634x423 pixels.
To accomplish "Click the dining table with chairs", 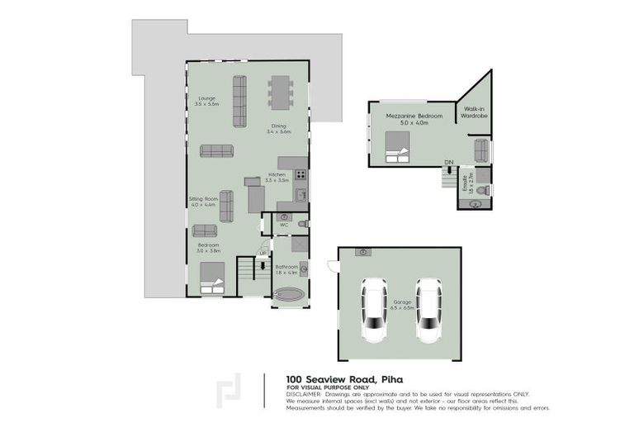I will (281, 93).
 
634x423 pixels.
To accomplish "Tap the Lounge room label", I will (206, 102).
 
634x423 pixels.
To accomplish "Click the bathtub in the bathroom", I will (289, 295).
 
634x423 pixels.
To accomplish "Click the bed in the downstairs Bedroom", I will (212, 278).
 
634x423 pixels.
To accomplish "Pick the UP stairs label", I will (263, 254).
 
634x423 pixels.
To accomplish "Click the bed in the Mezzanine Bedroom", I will (398, 145).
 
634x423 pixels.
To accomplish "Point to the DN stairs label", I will (448, 162).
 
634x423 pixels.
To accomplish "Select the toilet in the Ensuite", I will (484, 189).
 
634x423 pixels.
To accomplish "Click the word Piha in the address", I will (390, 379).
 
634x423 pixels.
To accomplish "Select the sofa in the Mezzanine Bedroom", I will (481, 150).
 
